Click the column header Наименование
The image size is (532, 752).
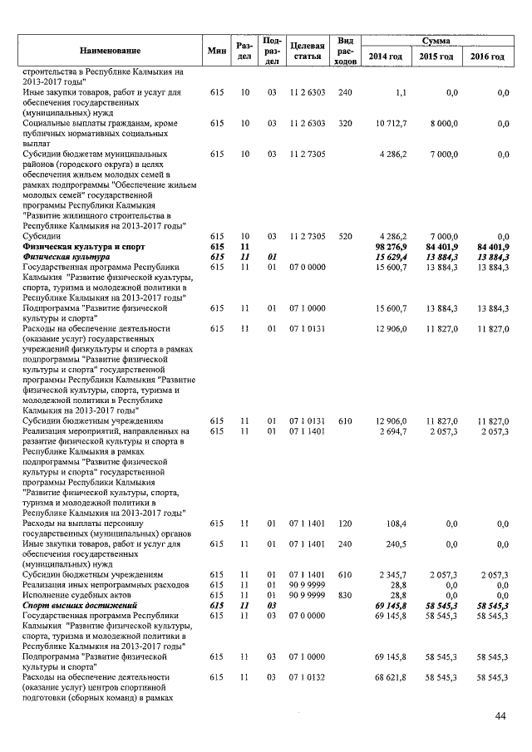pos(111,52)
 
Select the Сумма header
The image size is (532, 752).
pos(436,40)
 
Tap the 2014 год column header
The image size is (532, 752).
pos(386,56)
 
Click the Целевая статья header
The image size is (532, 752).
pos(307,51)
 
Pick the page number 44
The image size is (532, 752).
pos(500,716)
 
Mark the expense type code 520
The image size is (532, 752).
pos(346,237)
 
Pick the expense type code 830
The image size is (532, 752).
pos(346,596)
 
